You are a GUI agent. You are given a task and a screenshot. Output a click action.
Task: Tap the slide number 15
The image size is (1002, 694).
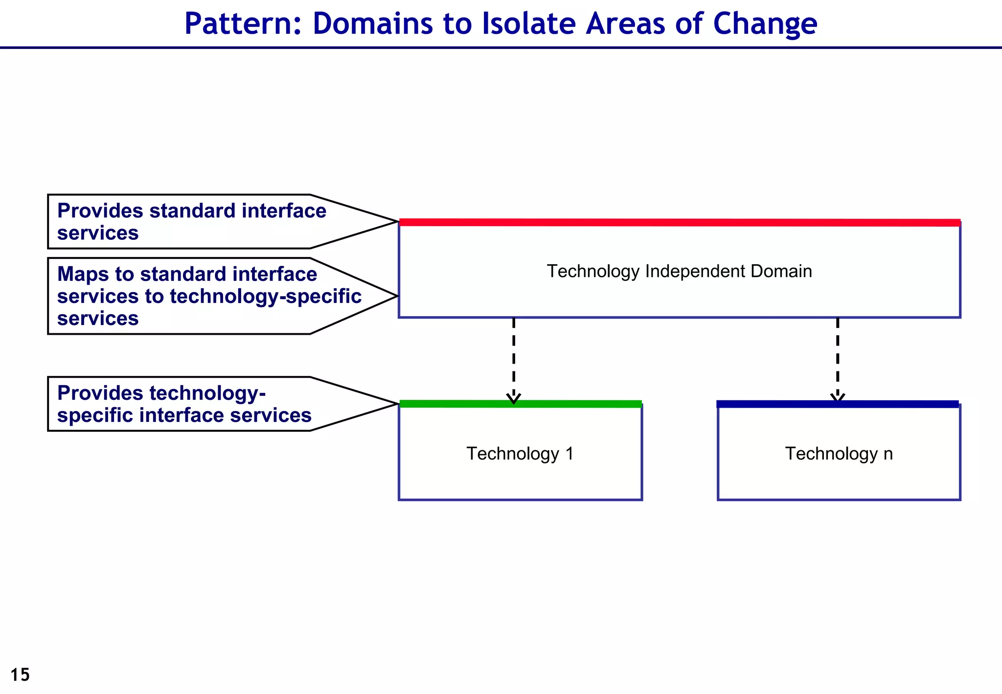click(x=20, y=675)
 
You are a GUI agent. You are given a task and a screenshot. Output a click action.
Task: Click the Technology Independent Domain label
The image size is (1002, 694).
click(x=679, y=271)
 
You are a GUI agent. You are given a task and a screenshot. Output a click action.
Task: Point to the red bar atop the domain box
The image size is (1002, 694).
click(x=679, y=222)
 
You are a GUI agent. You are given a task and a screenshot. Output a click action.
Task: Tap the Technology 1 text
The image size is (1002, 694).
click(x=520, y=454)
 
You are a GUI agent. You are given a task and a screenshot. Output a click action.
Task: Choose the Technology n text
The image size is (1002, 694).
click(x=839, y=454)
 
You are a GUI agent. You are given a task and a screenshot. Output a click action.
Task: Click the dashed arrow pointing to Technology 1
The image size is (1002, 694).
click(x=513, y=357)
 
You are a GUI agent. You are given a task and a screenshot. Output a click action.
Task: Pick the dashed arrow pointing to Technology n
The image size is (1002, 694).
click(x=838, y=357)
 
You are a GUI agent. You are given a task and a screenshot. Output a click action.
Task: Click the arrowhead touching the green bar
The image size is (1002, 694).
click(x=513, y=398)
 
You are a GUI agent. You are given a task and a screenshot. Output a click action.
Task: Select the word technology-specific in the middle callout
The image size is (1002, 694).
click(x=265, y=297)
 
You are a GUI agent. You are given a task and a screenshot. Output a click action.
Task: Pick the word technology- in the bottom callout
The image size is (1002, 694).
click(x=207, y=393)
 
